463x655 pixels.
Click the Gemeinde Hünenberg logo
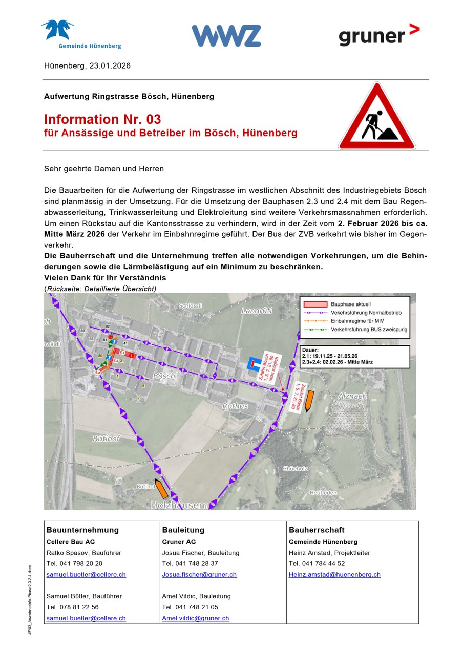[x=82, y=34]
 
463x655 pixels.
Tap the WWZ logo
[x=226, y=36]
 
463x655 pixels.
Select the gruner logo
[x=378, y=35]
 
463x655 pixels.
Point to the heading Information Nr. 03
[x=102, y=119]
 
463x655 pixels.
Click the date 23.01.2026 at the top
[x=110, y=65]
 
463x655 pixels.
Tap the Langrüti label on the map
[x=257, y=311]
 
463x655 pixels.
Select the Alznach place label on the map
[x=352, y=396]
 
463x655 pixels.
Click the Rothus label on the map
[x=235, y=406]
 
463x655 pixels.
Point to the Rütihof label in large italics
[x=106, y=439]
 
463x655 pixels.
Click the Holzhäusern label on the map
[x=180, y=505]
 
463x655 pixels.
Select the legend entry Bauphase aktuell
[x=350, y=304]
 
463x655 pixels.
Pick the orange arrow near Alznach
[x=308, y=400]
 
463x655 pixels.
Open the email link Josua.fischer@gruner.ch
[x=199, y=575]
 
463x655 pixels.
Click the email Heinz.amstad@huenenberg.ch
[x=334, y=575]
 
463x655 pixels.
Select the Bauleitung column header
[x=183, y=530]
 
